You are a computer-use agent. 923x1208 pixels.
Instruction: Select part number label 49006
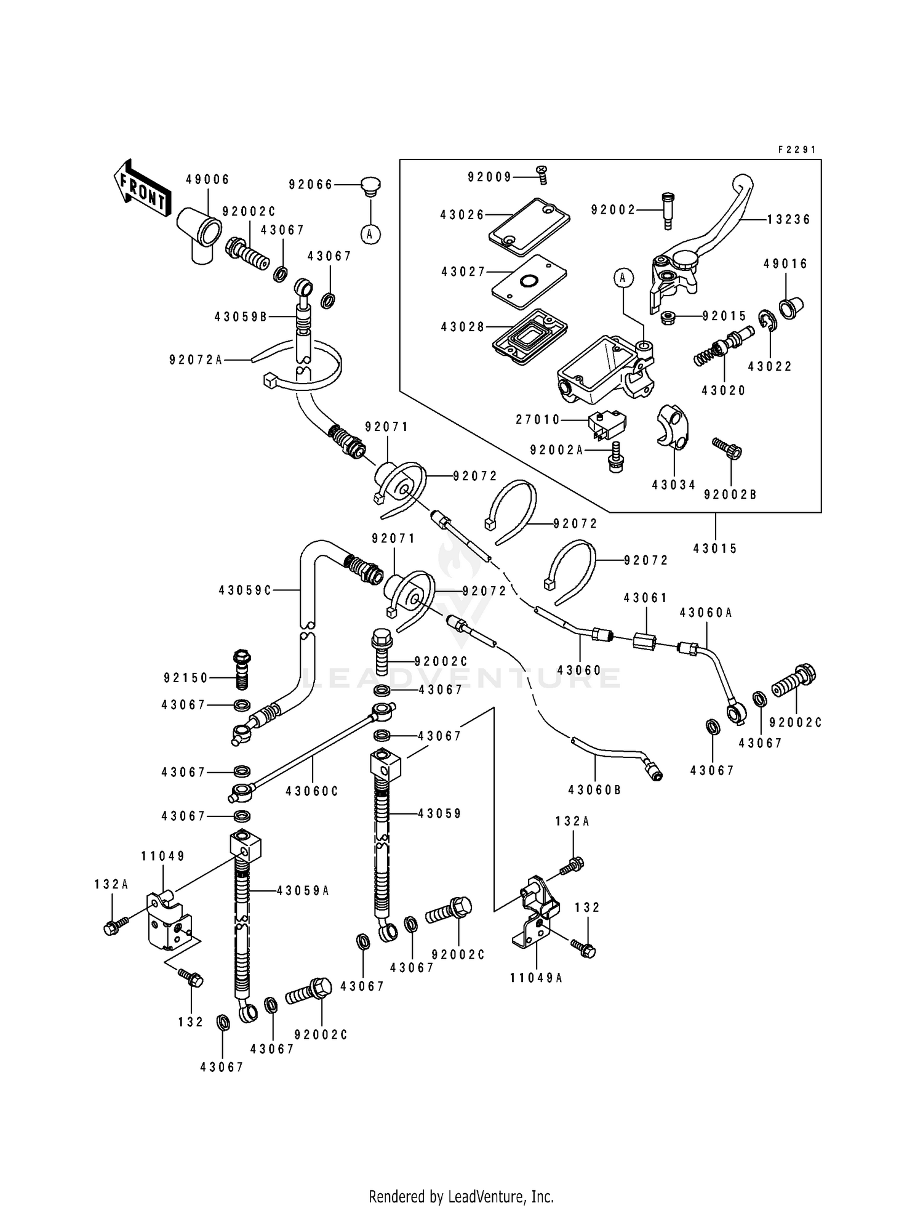coord(207,179)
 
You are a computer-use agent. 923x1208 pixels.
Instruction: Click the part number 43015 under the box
coord(715,548)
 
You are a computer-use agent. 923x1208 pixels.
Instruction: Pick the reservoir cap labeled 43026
coord(529,227)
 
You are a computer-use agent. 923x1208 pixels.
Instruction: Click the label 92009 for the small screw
coord(489,177)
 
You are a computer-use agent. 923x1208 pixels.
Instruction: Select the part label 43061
coord(645,598)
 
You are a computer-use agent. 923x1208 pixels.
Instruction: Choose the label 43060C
coord(312,791)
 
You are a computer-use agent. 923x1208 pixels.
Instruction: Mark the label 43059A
coord(303,890)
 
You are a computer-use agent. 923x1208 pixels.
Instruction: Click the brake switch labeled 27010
coord(607,425)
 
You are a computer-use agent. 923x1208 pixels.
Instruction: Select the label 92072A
coord(196,360)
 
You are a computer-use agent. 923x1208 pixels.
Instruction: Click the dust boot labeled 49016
coord(793,305)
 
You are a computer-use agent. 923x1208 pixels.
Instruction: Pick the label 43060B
coord(594,789)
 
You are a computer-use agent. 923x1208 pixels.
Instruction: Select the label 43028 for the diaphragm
coord(462,327)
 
